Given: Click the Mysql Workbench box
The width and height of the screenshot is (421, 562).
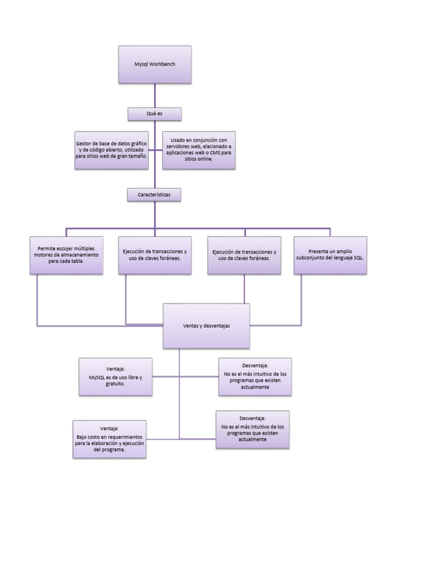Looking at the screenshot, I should [x=155, y=64].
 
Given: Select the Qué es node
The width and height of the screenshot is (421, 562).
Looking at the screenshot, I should [x=155, y=114].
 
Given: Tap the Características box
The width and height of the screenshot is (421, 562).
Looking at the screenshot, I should [x=154, y=194].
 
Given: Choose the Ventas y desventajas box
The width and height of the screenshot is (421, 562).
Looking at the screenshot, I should [x=206, y=325].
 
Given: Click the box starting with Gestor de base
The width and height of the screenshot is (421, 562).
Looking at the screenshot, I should [x=111, y=150].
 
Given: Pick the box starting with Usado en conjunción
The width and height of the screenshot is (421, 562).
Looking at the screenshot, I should [x=199, y=150].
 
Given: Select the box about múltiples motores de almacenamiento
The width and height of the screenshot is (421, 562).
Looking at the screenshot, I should [x=66, y=255].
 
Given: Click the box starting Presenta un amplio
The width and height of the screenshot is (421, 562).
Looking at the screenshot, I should [x=330, y=255].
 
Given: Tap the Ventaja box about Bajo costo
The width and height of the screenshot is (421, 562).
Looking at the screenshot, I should [x=110, y=439].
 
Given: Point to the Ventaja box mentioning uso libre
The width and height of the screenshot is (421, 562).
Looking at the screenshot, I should [x=116, y=376].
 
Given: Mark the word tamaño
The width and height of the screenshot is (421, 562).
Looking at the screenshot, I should [x=136, y=156].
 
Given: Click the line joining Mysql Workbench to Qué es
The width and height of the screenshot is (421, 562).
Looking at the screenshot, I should [x=155, y=95].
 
